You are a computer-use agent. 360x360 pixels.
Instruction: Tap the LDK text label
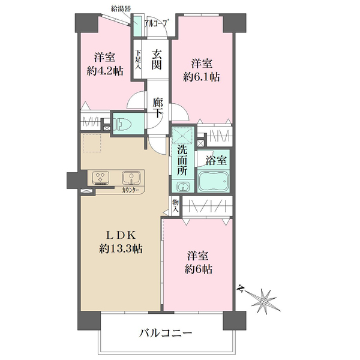tap(121, 236)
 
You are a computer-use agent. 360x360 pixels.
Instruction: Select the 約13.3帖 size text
tap(121, 248)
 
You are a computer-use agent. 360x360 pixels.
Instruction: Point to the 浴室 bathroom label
tap(217, 161)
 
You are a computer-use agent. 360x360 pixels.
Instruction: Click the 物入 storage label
tap(175, 206)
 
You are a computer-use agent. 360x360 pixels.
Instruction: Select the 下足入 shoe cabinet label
tap(138, 59)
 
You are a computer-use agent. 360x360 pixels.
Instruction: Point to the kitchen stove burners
tap(100, 178)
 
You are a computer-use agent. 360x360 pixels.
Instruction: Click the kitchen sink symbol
tap(131, 178)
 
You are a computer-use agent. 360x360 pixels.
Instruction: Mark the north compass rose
tap(262, 298)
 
